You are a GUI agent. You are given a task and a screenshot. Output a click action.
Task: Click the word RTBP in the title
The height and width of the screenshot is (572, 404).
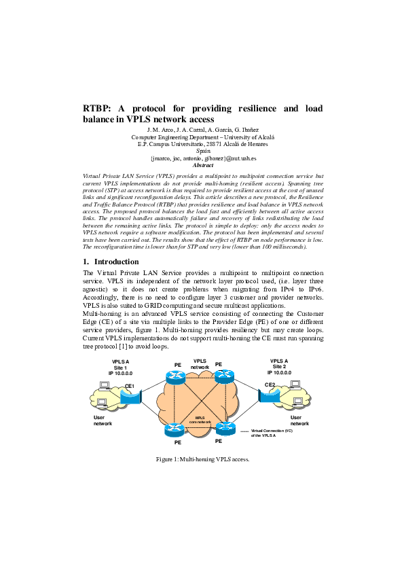click(98, 109)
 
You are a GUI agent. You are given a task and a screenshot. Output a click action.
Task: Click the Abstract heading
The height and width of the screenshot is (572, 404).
click(203, 165)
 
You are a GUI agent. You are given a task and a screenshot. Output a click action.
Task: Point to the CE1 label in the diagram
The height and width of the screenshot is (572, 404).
click(130, 386)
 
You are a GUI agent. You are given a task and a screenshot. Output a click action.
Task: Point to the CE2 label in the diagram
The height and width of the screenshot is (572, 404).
click(270, 385)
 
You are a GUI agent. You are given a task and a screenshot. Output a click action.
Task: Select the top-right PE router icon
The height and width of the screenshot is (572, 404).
click(223, 378)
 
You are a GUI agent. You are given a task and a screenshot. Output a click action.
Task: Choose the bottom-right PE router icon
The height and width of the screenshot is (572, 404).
click(223, 428)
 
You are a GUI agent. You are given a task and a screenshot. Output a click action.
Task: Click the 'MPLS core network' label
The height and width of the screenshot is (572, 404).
click(200, 420)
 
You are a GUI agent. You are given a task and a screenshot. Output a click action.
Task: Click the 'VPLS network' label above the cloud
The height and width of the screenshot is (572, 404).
click(200, 364)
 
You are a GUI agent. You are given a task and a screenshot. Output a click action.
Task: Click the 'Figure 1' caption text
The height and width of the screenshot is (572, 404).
click(202, 459)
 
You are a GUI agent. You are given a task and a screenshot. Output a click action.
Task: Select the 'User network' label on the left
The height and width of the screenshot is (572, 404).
click(103, 421)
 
